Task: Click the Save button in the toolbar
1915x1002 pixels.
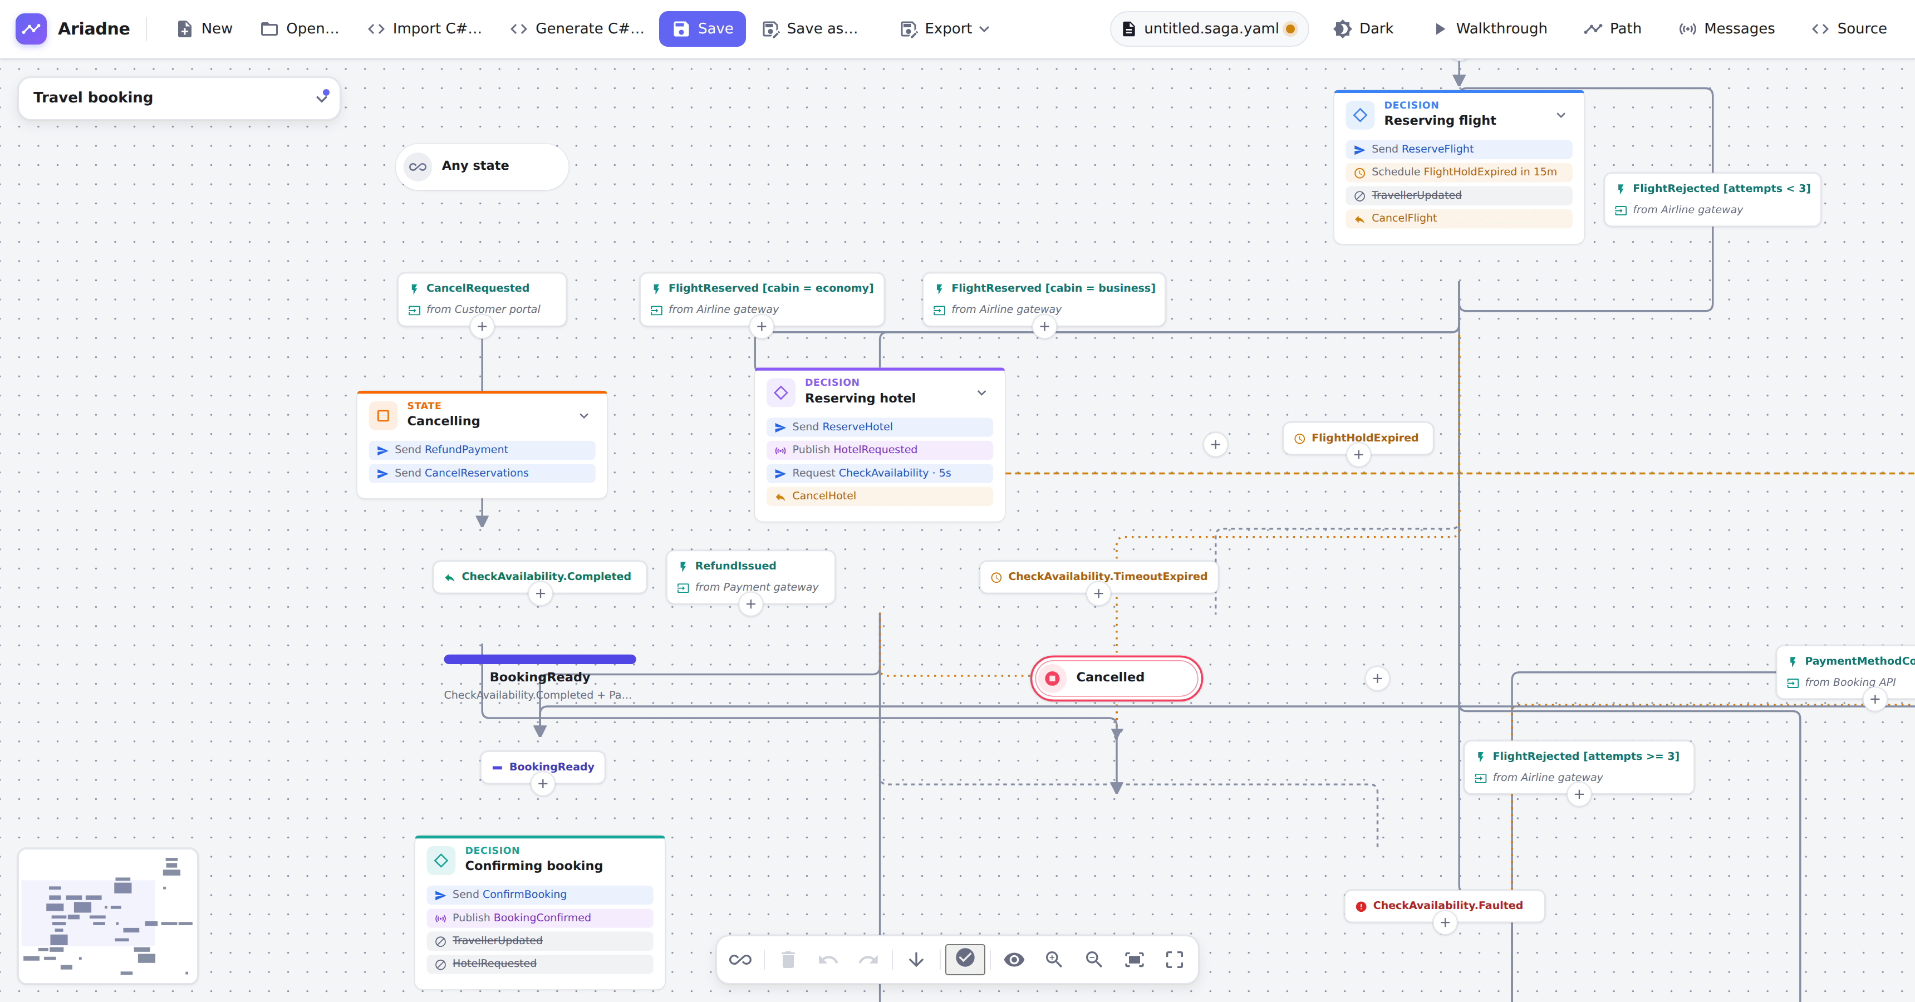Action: point(702,29)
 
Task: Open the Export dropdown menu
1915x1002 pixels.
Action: point(944,29)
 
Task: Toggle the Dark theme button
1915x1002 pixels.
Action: point(1363,29)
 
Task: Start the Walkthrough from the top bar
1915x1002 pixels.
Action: point(1490,29)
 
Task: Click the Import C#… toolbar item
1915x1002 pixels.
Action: point(425,29)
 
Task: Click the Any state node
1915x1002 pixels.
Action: point(482,166)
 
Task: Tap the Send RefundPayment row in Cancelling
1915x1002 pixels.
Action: point(482,450)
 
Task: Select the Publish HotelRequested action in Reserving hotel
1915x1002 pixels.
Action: point(880,450)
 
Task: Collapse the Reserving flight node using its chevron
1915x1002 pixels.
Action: point(1560,115)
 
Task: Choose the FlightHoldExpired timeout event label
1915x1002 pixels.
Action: point(1364,438)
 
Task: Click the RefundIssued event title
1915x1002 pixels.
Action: point(735,566)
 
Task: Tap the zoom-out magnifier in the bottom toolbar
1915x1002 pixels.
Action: point(1093,960)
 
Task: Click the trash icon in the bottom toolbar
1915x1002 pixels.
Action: point(788,960)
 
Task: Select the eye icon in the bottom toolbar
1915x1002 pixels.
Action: point(1014,960)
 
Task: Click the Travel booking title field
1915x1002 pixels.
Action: point(178,98)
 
